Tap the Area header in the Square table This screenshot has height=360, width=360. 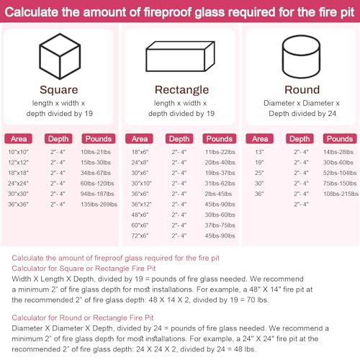click(x=20, y=138)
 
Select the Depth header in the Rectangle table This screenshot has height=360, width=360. click(x=179, y=138)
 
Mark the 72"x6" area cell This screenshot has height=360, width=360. click(x=140, y=235)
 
